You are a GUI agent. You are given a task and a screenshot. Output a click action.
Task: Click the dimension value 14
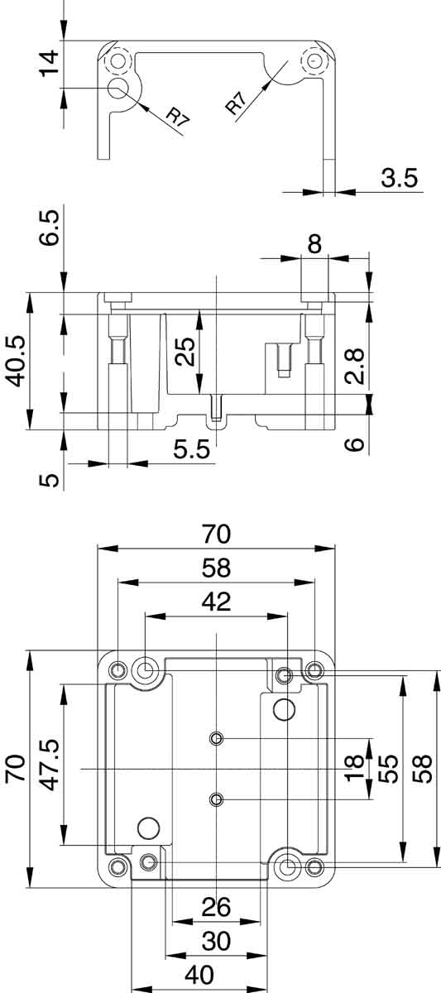pos(49,64)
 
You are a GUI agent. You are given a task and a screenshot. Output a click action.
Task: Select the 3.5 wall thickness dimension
pos(400,178)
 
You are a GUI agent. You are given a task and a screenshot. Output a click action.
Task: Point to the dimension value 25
pos(185,352)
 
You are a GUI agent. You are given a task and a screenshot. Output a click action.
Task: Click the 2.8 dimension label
pos(355,366)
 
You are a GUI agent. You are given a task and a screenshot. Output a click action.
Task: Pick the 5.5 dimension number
pos(191,450)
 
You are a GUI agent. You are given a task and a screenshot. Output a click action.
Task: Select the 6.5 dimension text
pos(49,228)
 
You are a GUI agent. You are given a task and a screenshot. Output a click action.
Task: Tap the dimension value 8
pos(314,244)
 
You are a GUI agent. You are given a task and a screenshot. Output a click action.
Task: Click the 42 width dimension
pos(216,602)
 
